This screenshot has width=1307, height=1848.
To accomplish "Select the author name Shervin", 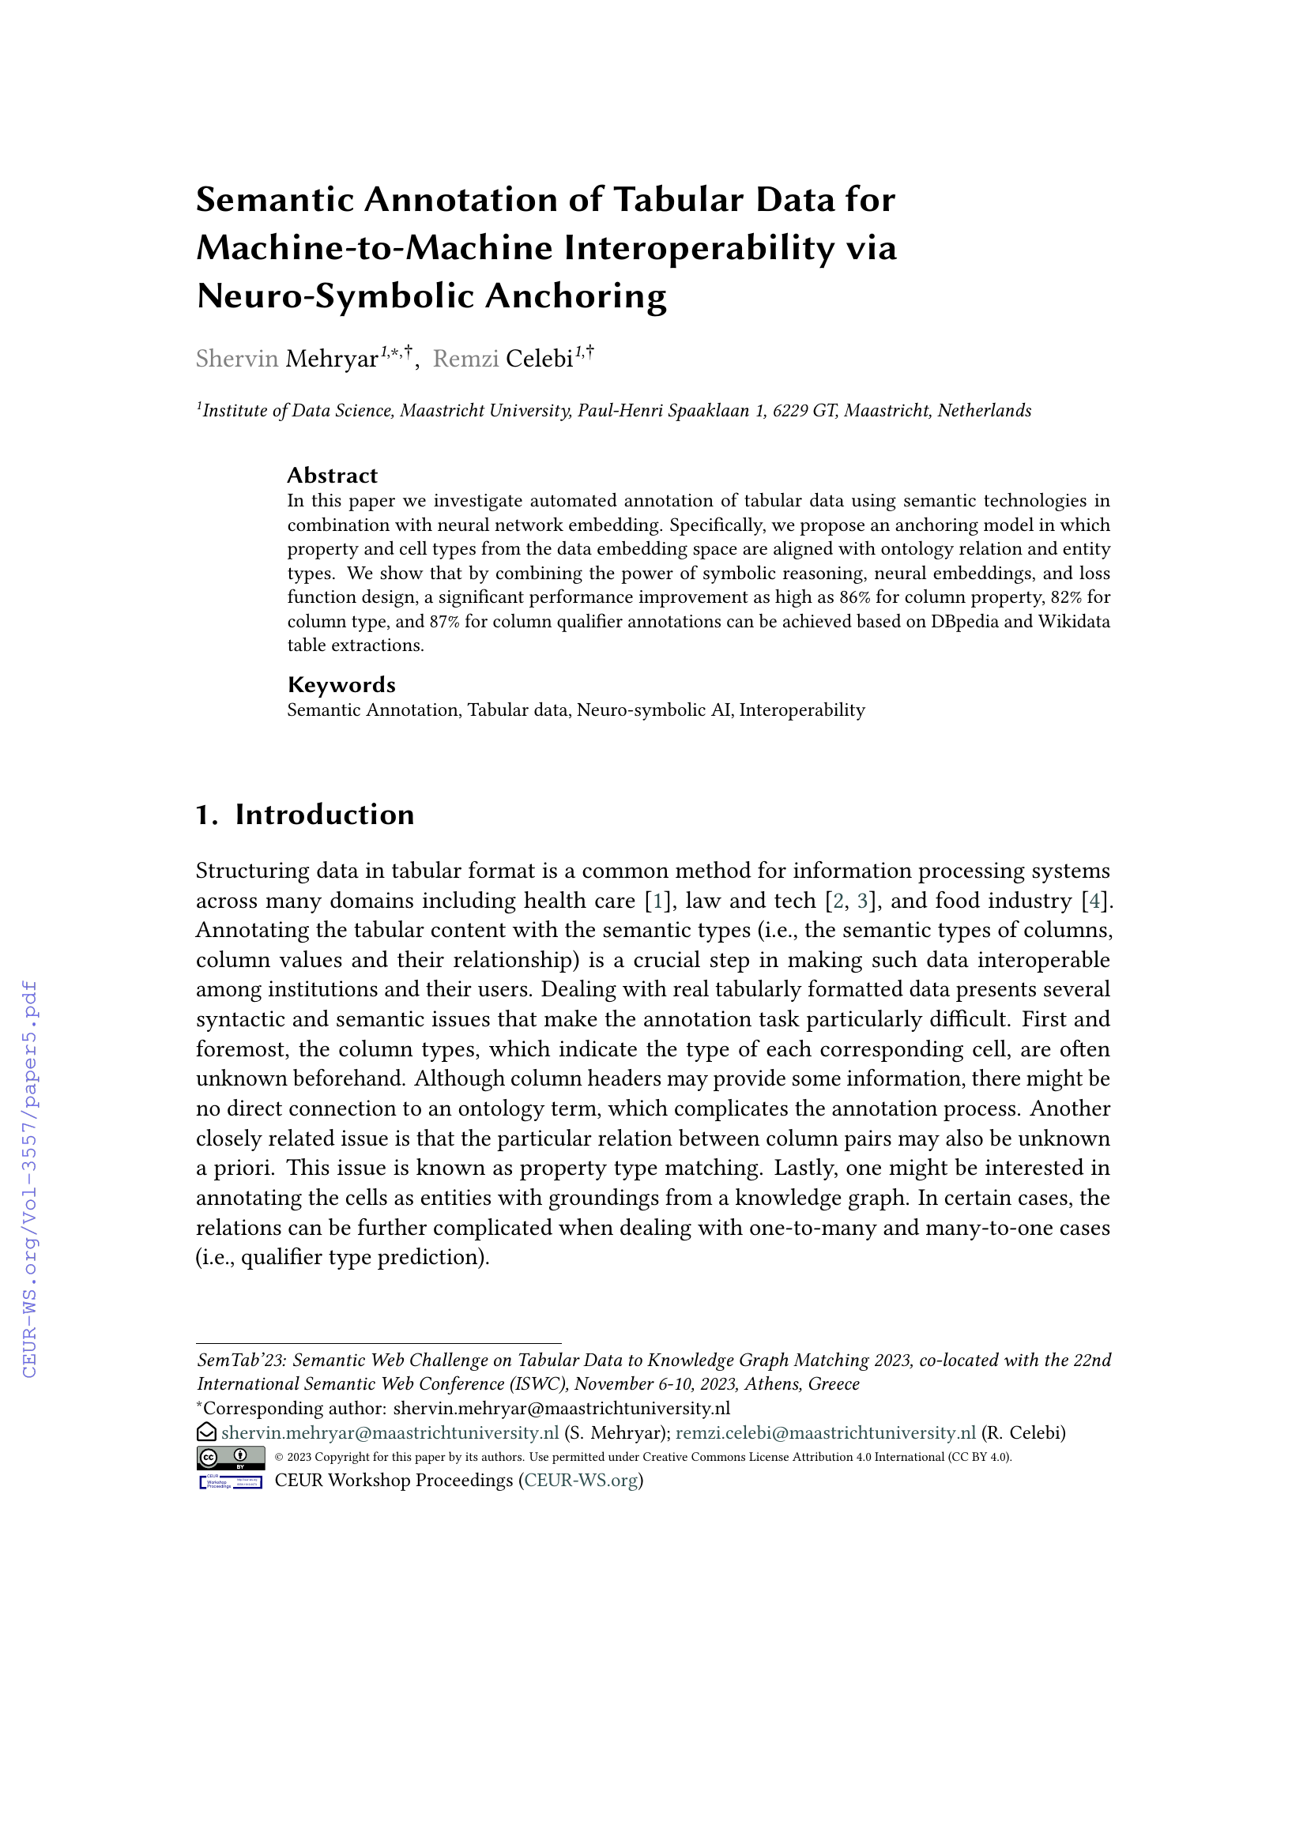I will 236,359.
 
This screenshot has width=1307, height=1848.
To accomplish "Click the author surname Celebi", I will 539,359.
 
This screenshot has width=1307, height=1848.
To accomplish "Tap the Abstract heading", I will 333,476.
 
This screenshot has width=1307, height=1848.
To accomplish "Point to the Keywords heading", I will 341,685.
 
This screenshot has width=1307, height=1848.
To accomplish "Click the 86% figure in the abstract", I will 855,597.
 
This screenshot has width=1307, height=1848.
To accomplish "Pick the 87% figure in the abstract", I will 444,621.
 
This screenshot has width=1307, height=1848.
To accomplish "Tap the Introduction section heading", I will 324,815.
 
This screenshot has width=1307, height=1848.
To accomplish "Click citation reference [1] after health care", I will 657,901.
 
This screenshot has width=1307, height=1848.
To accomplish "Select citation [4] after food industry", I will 1094,901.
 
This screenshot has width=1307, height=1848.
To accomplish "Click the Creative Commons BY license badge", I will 231,1458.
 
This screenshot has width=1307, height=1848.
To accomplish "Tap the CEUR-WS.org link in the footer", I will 582,1481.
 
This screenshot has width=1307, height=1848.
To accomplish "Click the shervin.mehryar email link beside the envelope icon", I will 390,1433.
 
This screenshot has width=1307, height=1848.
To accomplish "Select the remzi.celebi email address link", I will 825,1433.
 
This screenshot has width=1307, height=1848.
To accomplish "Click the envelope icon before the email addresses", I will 207,1432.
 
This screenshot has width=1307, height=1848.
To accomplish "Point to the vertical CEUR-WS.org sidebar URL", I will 30,1179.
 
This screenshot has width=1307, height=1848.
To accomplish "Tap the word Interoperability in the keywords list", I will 801,710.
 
